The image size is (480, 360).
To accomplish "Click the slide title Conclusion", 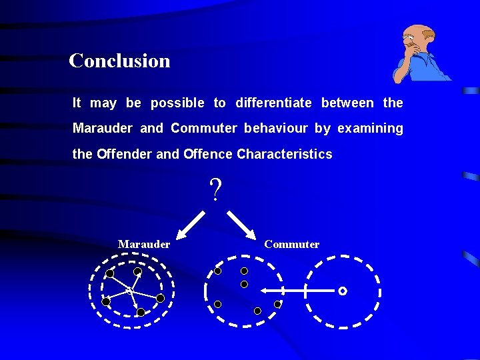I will (x=119, y=61).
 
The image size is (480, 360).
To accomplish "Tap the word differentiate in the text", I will (x=273, y=103).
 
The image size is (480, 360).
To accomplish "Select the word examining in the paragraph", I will (x=370, y=128).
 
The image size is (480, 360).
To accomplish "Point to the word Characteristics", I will (x=284, y=154).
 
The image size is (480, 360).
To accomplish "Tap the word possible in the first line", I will (x=177, y=103).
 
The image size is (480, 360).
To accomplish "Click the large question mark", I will (x=215, y=191).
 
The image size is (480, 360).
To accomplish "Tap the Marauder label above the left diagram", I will (x=144, y=244).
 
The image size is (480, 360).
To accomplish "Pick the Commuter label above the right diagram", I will (x=291, y=244).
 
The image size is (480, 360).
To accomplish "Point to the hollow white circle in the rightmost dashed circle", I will (x=343, y=291).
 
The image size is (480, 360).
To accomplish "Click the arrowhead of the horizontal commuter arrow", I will (x=265, y=291).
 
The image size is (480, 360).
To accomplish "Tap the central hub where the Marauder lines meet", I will (x=129, y=290).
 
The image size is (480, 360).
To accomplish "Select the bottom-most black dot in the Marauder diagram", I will (x=141, y=312).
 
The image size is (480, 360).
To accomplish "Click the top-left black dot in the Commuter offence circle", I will (x=217, y=271).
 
